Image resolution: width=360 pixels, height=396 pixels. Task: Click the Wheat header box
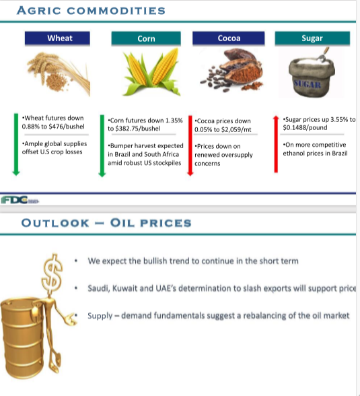pos(57,38)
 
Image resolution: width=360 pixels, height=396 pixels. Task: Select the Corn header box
pos(146,38)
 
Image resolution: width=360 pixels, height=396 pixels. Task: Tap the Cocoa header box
pos(229,38)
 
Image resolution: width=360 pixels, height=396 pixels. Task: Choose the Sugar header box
pos(312,38)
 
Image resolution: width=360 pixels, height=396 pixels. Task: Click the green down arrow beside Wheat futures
pos(16,144)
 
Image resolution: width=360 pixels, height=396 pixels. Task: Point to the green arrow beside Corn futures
pos(102,145)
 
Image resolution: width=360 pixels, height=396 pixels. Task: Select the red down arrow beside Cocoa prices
pos(190,145)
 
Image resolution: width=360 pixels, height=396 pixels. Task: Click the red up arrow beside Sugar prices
pos(276,144)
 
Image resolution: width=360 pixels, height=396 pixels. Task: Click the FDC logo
pos(20,200)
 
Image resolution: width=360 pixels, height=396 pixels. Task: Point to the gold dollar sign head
pos(52,273)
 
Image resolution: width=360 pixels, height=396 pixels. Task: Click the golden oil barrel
pos(22,337)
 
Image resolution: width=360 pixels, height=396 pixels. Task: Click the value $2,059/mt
pos(236,129)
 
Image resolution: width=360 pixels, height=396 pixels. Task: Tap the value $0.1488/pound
pos(305,127)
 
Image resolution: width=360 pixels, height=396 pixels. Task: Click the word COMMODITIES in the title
pos(116,11)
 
